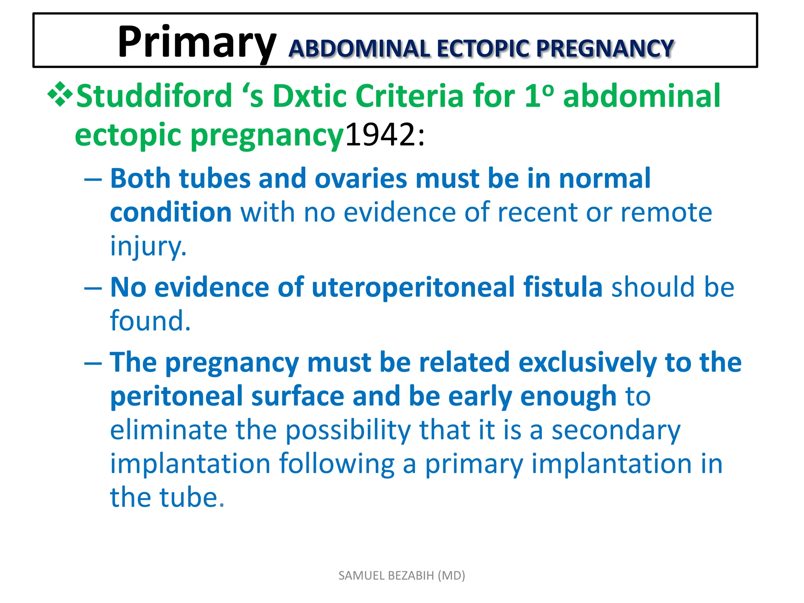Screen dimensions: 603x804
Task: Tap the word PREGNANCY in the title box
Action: tap(605, 49)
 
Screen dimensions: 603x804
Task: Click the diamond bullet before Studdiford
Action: tap(60, 95)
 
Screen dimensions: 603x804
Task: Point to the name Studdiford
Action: tap(154, 96)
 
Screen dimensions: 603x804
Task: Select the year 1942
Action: tap(380, 135)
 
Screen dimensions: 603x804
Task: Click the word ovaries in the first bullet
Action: tap(361, 179)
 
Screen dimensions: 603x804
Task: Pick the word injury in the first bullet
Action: tap(148, 246)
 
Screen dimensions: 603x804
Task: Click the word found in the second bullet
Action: tap(150, 321)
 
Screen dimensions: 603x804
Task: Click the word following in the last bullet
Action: tap(337, 464)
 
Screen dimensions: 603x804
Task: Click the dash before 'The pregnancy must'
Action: tap(93, 363)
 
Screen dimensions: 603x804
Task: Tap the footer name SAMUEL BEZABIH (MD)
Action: tap(402, 576)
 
